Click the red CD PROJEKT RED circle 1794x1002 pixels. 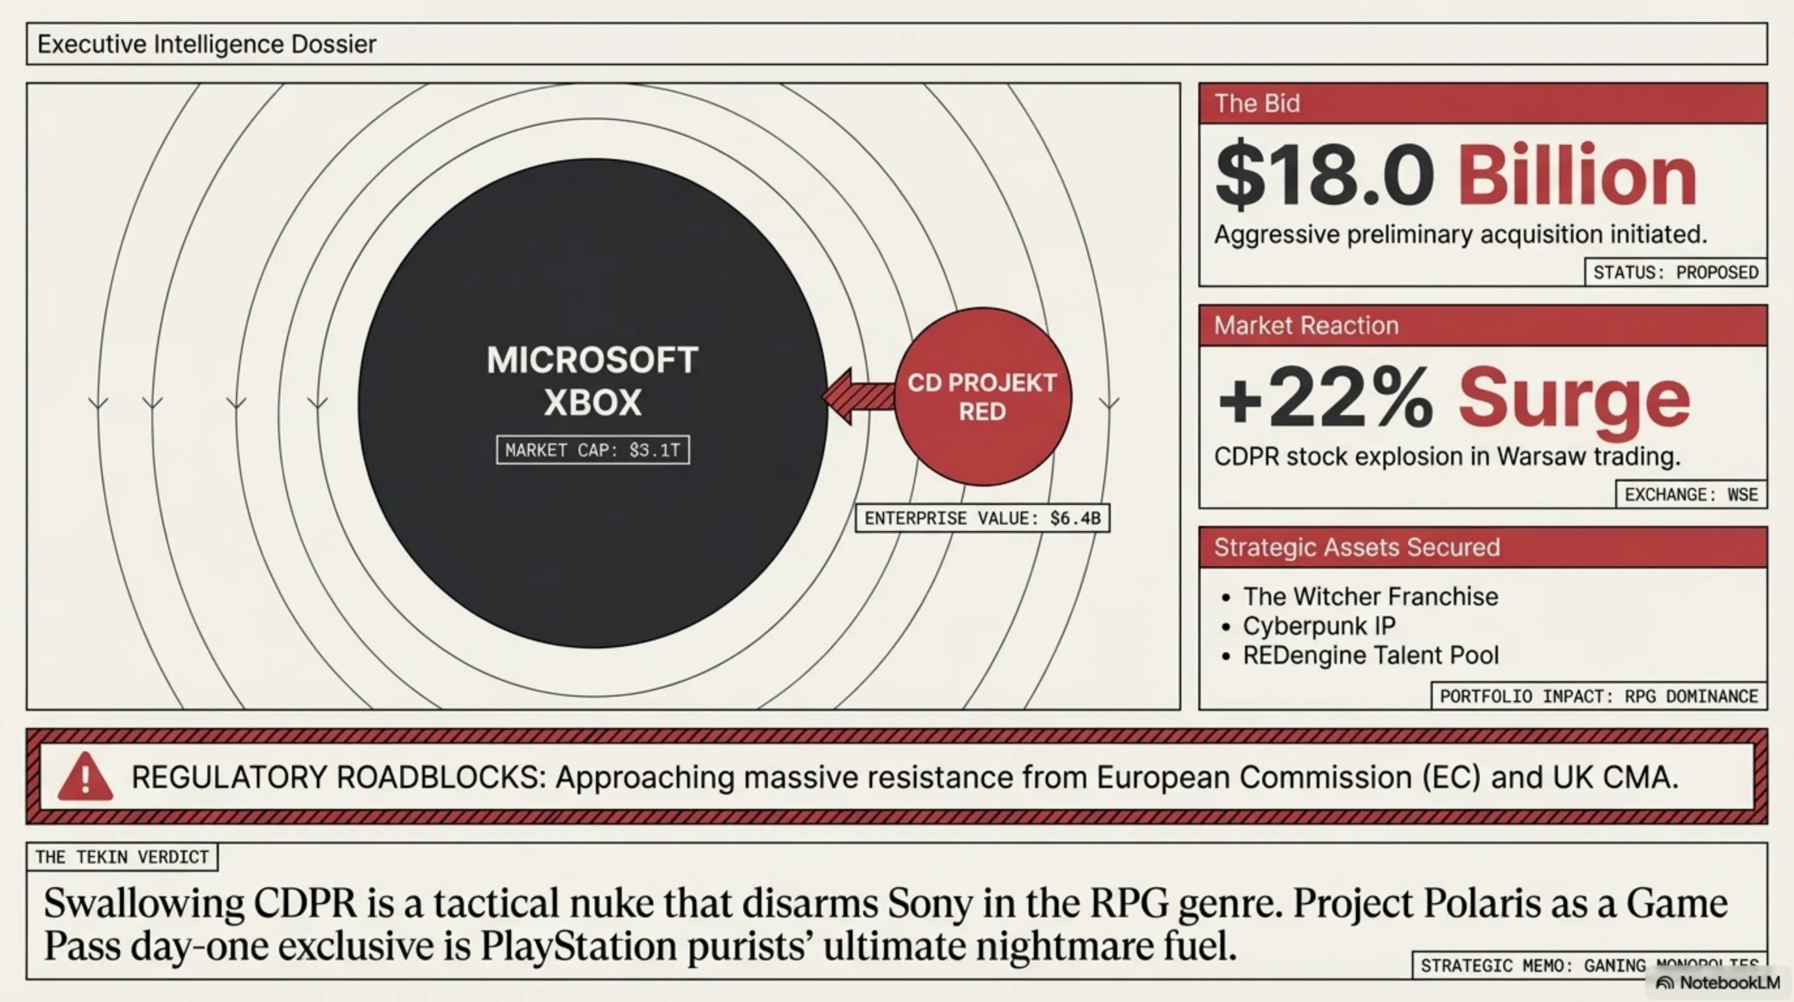(982, 397)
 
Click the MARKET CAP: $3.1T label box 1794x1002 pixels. (593, 450)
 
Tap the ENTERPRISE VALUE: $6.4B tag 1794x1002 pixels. (982, 519)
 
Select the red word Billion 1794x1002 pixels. (1577, 175)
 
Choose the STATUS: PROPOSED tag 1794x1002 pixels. (1675, 272)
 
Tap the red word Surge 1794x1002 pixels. (1574, 399)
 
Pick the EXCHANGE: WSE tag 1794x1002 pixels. (1690, 494)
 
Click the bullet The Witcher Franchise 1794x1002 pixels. (1370, 596)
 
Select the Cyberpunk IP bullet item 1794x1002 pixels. (1319, 626)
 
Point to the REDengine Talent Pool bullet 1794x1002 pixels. (1370, 655)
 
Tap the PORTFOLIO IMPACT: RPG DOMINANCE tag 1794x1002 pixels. (1598, 696)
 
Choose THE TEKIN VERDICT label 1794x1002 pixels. (122, 857)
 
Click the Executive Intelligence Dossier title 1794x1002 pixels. (206, 44)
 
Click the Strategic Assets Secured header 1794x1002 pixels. (1356, 547)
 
